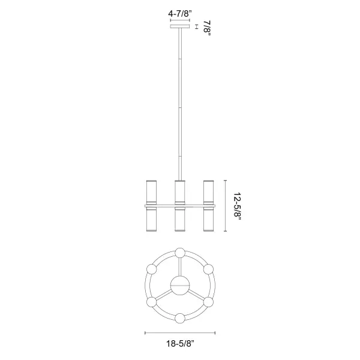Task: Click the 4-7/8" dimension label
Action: click(x=180, y=14)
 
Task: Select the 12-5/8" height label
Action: click(x=238, y=206)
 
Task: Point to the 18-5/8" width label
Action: click(x=180, y=343)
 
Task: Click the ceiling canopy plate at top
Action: click(x=180, y=26)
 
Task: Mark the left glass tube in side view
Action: click(x=152, y=206)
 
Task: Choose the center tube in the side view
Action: click(x=180, y=206)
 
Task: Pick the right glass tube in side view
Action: click(x=208, y=206)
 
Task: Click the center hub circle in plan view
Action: click(x=180, y=286)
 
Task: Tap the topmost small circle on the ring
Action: click(x=180, y=253)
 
